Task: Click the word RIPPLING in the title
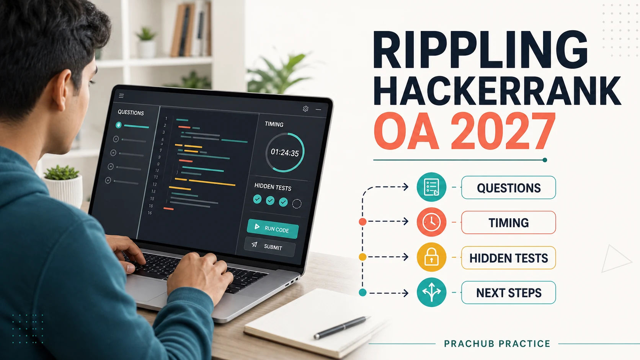coord(480,50)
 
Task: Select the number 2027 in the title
coord(503,131)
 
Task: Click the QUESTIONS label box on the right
coord(509,187)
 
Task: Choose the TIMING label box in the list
coord(509,222)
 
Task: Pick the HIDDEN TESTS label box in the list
coord(509,257)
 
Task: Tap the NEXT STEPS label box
coord(509,293)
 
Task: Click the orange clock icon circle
coord(431,222)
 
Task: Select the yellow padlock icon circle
coord(431,257)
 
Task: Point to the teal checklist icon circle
coord(431,187)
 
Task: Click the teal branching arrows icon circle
coord(431,292)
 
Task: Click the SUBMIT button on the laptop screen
coord(270,247)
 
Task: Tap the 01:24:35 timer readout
coord(284,152)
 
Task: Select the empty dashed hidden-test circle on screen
coord(297,204)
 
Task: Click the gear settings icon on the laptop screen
coord(305,109)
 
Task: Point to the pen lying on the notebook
coord(342,327)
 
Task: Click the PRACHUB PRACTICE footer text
coord(497,344)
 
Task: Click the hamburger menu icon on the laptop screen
coord(121,96)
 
